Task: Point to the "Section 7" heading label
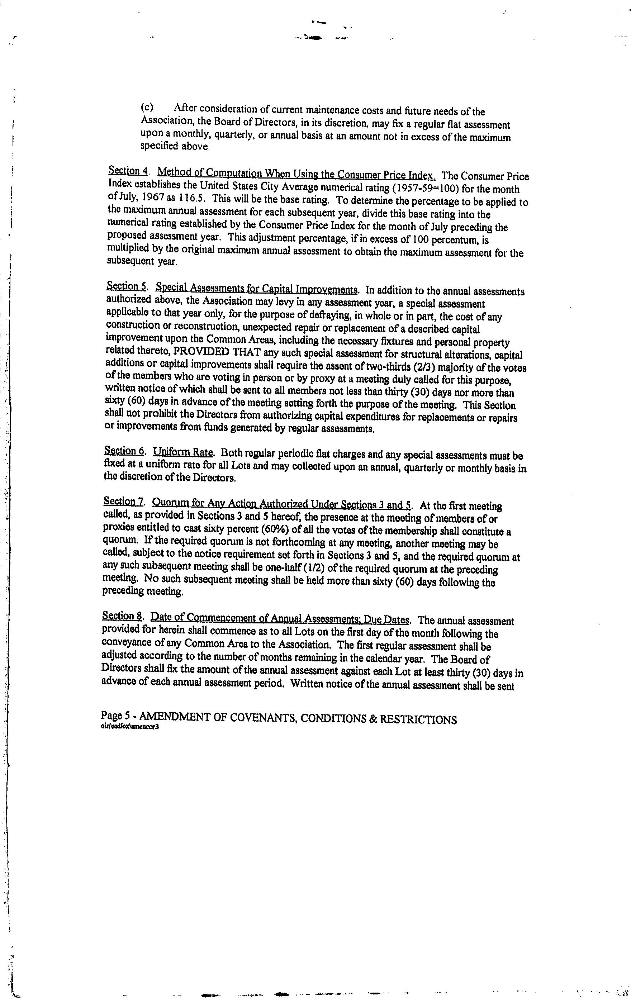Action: point(123,502)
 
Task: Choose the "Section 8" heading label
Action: point(122,616)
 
